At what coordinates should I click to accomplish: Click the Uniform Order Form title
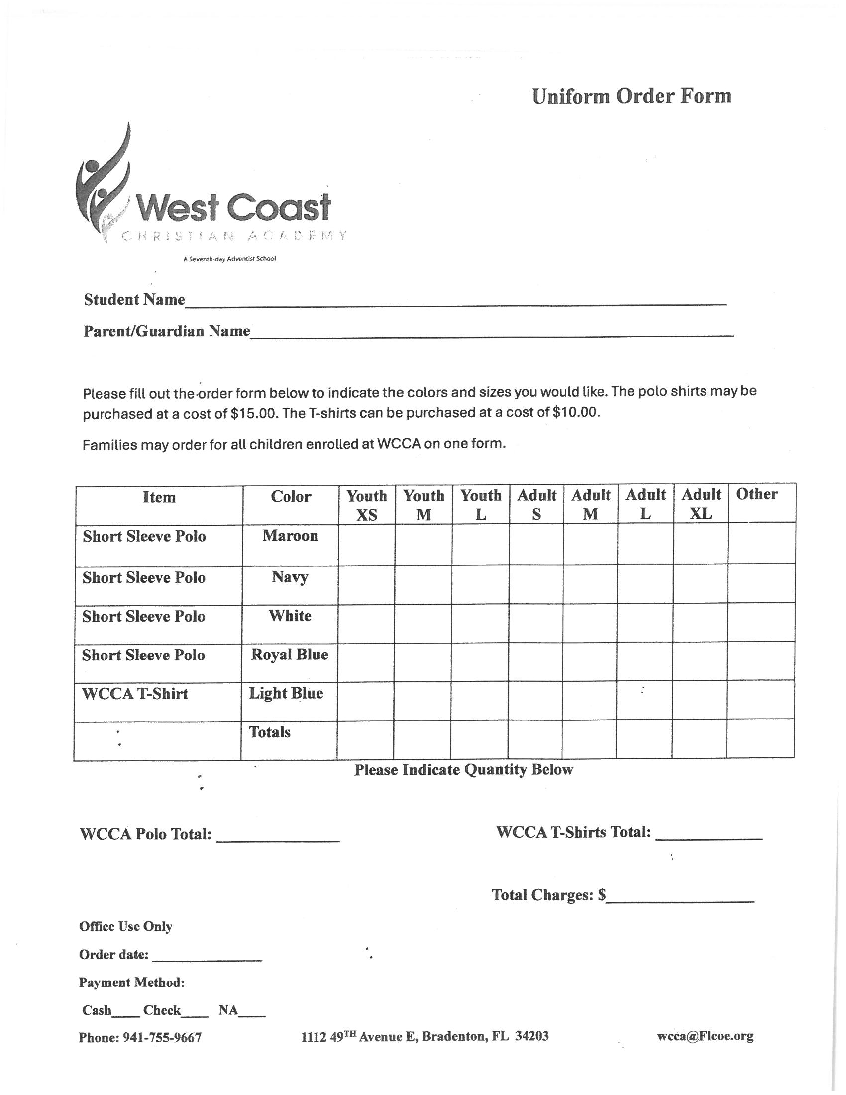[631, 96]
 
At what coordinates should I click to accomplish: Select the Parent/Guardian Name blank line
[491, 333]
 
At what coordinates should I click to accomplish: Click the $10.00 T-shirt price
[575, 413]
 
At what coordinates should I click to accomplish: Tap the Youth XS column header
[366, 505]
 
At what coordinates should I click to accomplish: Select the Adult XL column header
[700, 504]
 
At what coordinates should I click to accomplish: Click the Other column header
[756, 494]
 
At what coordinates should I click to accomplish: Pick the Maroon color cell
[290, 536]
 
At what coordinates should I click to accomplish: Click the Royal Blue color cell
[289, 655]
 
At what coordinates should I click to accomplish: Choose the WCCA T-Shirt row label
[135, 694]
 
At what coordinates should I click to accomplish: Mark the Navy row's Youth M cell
[423, 585]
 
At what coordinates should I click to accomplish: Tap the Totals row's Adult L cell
[643, 740]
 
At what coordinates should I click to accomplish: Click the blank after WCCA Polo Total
[278, 836]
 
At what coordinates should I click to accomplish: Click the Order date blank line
[207, 956]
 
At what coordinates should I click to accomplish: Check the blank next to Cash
[125, 1012]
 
